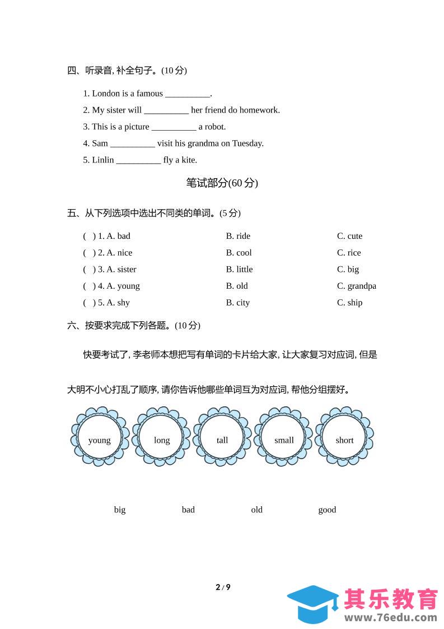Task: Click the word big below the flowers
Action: [x=120, y=510]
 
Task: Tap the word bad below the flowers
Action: [x=188, y=510]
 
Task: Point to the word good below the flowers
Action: [x=327, y=510]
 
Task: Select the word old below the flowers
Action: [x=256, y=510]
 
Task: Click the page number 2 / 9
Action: [x=223, y=588]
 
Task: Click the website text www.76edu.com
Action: [x=390, y=618]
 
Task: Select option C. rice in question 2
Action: [x=349, y=253]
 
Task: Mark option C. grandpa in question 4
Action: [x=356, y=286]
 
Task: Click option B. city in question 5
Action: [x=238, y=303]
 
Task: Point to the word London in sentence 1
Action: [x=105, y=94]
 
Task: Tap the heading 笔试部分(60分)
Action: [x=222, y=183]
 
